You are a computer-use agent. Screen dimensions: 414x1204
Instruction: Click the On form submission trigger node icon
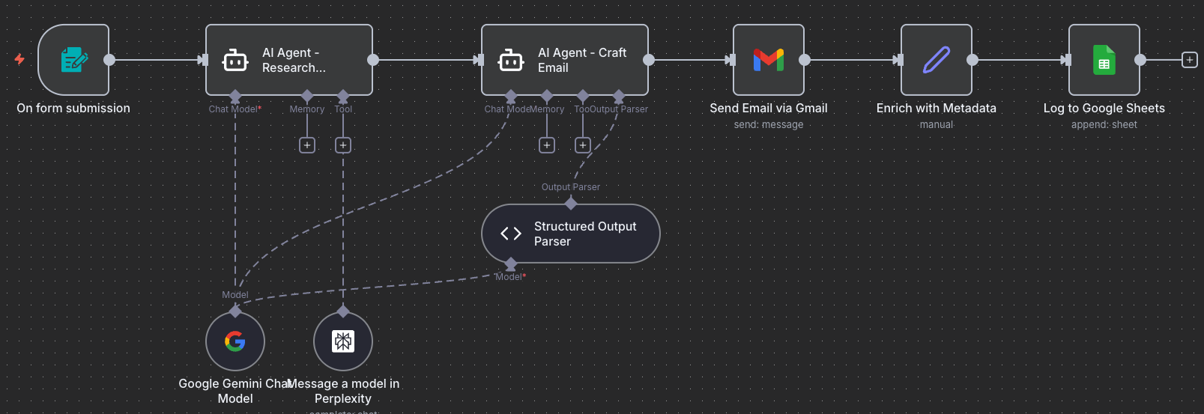pyautogui.click(x=73, y=60)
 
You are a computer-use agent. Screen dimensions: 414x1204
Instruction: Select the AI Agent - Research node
pyautogui.click(x=288, y=60)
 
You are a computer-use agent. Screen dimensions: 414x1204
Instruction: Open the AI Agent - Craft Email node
pyautogui.click(x=564, y=60)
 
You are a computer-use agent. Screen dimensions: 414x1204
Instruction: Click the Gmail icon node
pyautogui.click(x=768, y=60)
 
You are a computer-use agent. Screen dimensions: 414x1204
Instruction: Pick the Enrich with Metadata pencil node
pyautogui.click(x=936, y=60)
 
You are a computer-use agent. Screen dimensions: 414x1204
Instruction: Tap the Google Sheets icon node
pyautogui.click(x=1104, y=60)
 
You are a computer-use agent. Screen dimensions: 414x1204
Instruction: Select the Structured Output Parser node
pyautogui.click(x=570, y=234)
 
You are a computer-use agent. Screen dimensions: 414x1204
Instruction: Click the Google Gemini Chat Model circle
pyautogui.click(x=235, y=341)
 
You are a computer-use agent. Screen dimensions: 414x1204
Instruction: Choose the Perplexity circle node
pyautogui.click(x=343, y=341)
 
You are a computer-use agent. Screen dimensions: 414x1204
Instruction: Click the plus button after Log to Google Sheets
pyautogui.click(x=1189, y=60)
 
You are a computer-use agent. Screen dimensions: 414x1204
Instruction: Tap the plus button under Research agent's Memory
pyautogui.click(x=307, y=145)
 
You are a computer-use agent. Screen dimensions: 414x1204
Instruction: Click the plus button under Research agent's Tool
pyautogui.click(x=343, y=145)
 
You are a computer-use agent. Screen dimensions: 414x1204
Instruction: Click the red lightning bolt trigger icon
pyautogui.click(x=19, y=59)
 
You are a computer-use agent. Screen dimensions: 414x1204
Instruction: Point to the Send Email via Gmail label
pyautogui.click(x=768, y=109)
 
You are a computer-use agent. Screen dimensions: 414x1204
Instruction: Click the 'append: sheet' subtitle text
pyautogui.click(x=1104, y=125)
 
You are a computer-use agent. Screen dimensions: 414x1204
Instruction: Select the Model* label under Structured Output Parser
pyautogui.click(x=510, y=277)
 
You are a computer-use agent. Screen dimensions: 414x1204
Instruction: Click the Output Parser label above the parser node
pyautogui.click(x=570, y=187)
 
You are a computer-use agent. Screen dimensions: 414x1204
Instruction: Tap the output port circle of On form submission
pyautogui.click(x=109, y=60)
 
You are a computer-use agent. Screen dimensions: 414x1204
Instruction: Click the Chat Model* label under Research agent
pyautogui.click(x=235, y=109)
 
